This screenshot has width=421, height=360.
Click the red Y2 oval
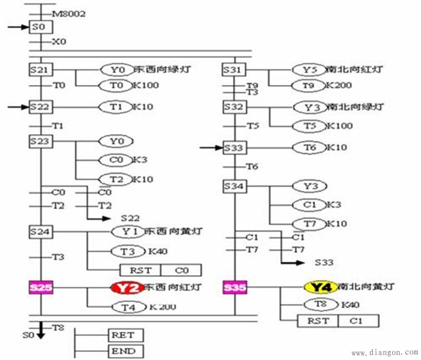coord(126,287)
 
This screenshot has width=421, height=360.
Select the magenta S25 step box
coord(40,287)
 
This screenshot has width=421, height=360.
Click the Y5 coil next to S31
coord(309,70)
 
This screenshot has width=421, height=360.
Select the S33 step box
coord(234,148)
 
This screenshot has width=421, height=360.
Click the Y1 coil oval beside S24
coord(128,231)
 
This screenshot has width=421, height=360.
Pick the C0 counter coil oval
coord(115,160)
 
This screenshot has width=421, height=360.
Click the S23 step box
coord(40,141)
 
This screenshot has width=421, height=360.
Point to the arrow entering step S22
coord(18,106)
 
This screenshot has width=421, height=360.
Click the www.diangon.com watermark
coord(384,352)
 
